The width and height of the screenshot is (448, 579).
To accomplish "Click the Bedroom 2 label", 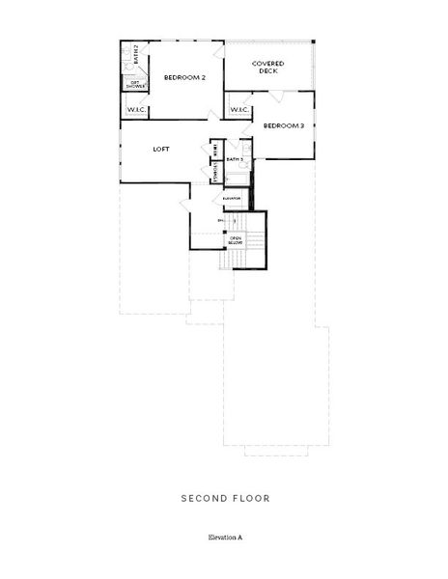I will click(183, 77).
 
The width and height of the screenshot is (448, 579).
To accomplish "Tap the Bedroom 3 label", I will click(283, 125).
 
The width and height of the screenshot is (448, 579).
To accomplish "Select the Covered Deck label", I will click(267, 68).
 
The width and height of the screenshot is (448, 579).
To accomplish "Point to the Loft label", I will click(162, 150).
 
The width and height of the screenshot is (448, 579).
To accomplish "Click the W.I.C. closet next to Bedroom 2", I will click(136, 109).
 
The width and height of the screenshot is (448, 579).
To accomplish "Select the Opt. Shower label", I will click(136, 84).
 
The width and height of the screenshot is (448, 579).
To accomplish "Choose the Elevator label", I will click(232, 199).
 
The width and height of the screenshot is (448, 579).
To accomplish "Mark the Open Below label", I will click(235, 239).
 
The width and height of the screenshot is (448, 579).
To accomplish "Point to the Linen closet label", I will click(214, 148).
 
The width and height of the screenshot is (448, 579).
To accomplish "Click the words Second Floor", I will click(224, 499).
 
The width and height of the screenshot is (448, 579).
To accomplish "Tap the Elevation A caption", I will click(224, 535).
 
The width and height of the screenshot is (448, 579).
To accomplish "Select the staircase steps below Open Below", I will click(228, 262).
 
